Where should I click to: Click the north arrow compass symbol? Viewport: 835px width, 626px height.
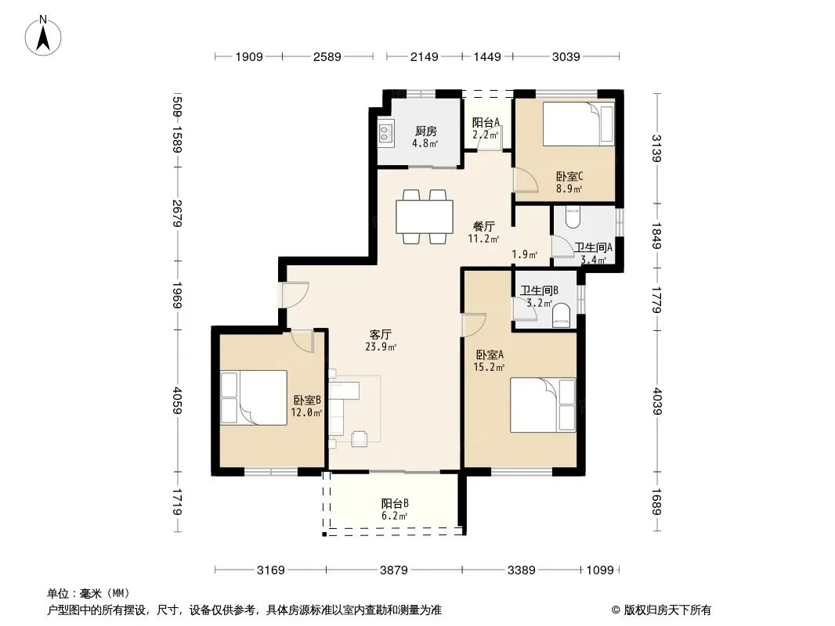[x=43, y=36]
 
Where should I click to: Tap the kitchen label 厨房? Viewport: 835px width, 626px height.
[x=426, y=131]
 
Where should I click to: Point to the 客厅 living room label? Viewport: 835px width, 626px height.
[x=381, y=335]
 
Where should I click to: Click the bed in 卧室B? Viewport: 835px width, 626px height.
[x=254, y=398]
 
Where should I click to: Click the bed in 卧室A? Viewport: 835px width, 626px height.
[x=543, y=405]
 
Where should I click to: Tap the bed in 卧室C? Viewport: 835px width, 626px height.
[x=578, y=124]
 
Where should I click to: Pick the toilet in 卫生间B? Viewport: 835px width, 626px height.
[x=562, y=315]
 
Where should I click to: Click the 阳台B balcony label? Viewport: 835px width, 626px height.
[x=395, y=503]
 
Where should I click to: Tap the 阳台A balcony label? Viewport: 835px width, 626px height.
[x=486, y=122]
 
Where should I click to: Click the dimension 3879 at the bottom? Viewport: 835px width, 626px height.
[x=393, y=570]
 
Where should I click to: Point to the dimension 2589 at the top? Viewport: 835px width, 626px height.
[x=327, y=56]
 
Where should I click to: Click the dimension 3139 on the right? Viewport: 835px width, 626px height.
[x=656, y=149]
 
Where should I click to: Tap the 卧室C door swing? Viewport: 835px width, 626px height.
[x=525, y=179]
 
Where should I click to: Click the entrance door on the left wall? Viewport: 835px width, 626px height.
[x=295, y=294]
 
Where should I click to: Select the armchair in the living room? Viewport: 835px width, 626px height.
[x=360, y=438]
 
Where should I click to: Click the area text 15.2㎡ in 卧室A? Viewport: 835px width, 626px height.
[x=489, y=367]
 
